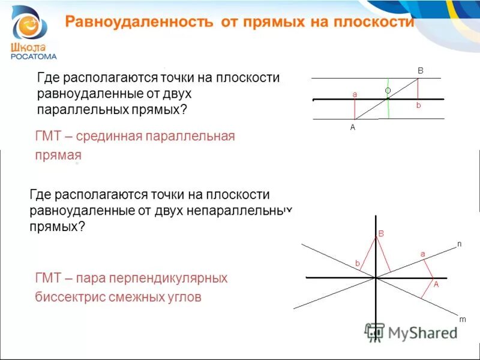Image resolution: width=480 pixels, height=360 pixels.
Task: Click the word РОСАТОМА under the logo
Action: coord(34,56)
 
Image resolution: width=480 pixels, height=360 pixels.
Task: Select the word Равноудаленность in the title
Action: coord(139,22)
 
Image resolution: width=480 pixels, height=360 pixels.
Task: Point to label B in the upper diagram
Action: coord(421,71)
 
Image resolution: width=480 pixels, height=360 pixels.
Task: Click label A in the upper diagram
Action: coord(353,127)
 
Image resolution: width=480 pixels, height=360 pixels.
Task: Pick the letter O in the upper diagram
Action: coord(388,91)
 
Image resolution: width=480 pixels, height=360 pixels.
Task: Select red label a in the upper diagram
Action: coord(355,94)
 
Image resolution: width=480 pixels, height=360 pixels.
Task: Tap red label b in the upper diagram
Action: coord(419,105)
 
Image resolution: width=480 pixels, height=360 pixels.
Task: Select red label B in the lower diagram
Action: coord(380,233)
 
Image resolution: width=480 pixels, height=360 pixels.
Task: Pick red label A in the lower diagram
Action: coord(436,284)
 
